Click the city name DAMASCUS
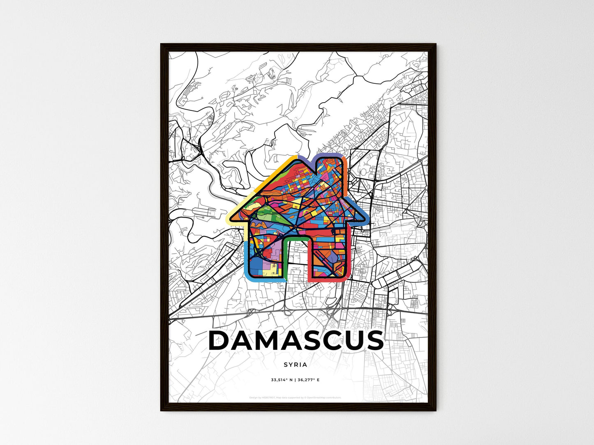pos(296,340)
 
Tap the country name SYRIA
pos(295,365)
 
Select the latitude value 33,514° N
pos(282,380)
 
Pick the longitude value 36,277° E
pos(309,380)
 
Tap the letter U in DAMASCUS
pos(350,341)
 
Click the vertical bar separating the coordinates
pos(296,380)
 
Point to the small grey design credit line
pos(295,397)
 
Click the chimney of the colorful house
pos(331,164)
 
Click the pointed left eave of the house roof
pos(230,220)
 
